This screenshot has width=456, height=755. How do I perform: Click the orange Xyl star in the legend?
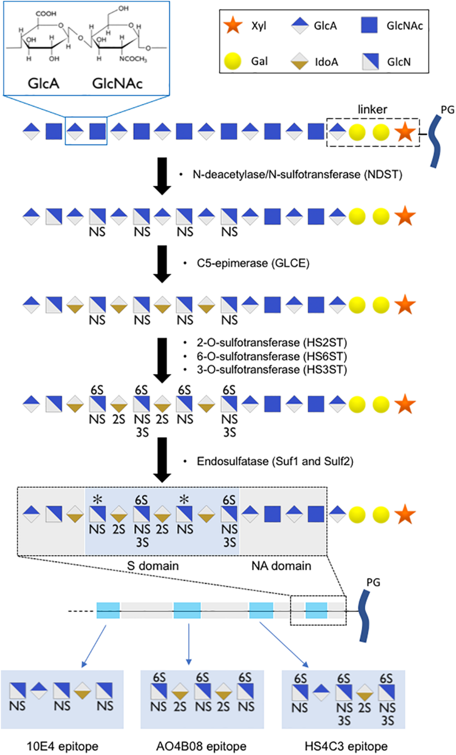233,25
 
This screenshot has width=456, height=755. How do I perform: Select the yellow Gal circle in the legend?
232,61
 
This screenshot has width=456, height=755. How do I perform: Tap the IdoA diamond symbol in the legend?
299,61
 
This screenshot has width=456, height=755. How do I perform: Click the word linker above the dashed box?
372,109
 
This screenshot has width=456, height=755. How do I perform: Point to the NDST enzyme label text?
297,175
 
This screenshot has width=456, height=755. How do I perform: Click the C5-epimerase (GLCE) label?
253,263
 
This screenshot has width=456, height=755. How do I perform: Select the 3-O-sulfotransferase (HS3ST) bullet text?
272,370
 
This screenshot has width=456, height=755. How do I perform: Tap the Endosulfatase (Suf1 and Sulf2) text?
275,461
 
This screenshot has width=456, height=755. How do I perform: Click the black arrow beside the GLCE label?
162,264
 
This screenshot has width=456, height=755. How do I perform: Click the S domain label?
153,566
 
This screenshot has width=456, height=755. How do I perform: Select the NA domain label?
281,566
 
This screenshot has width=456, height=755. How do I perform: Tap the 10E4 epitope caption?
63,746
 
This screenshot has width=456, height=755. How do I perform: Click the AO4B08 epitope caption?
201,746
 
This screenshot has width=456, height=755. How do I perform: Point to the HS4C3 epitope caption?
346,746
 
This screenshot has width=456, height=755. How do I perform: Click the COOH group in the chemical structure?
46,14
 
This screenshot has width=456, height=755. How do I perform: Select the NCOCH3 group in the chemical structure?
133,59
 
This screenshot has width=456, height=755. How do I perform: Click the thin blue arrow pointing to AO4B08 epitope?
189,644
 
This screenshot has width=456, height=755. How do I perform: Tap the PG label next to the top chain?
448,110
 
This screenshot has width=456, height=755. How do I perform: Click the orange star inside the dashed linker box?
405,132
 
